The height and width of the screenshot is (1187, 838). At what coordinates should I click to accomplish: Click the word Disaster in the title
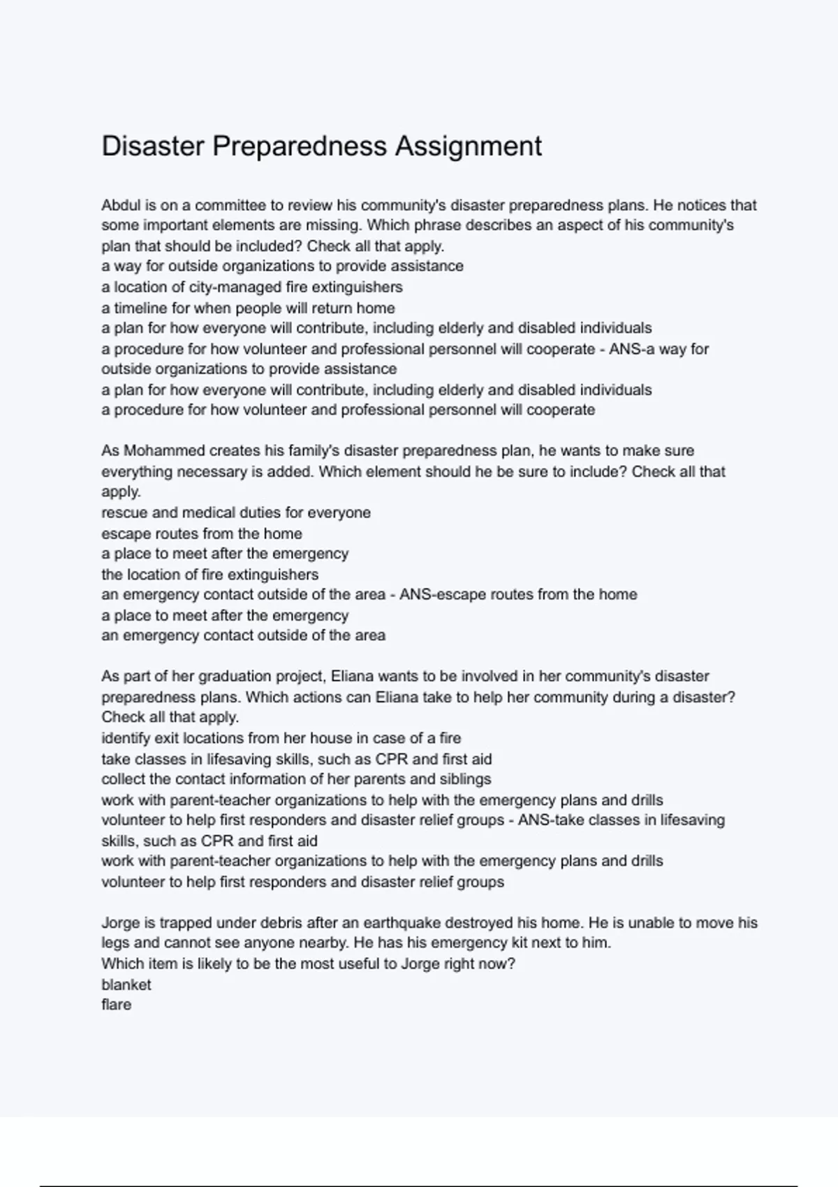(x=153, y=147)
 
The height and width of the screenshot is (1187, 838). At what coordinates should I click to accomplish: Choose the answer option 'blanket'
(x=126, y=985)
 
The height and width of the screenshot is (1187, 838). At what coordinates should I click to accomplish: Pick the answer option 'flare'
(x=116, y=1005)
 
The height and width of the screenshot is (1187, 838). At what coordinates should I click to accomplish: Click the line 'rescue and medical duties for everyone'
(x=236, y=513)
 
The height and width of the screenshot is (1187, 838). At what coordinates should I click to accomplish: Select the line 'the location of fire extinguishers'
(x=209, y=575)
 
